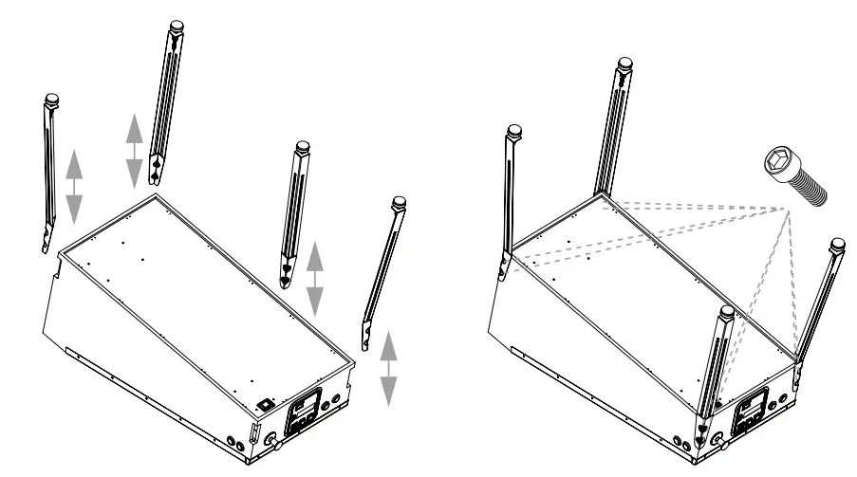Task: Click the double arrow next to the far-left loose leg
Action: click(73, 184)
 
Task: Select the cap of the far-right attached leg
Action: click(837, 245)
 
